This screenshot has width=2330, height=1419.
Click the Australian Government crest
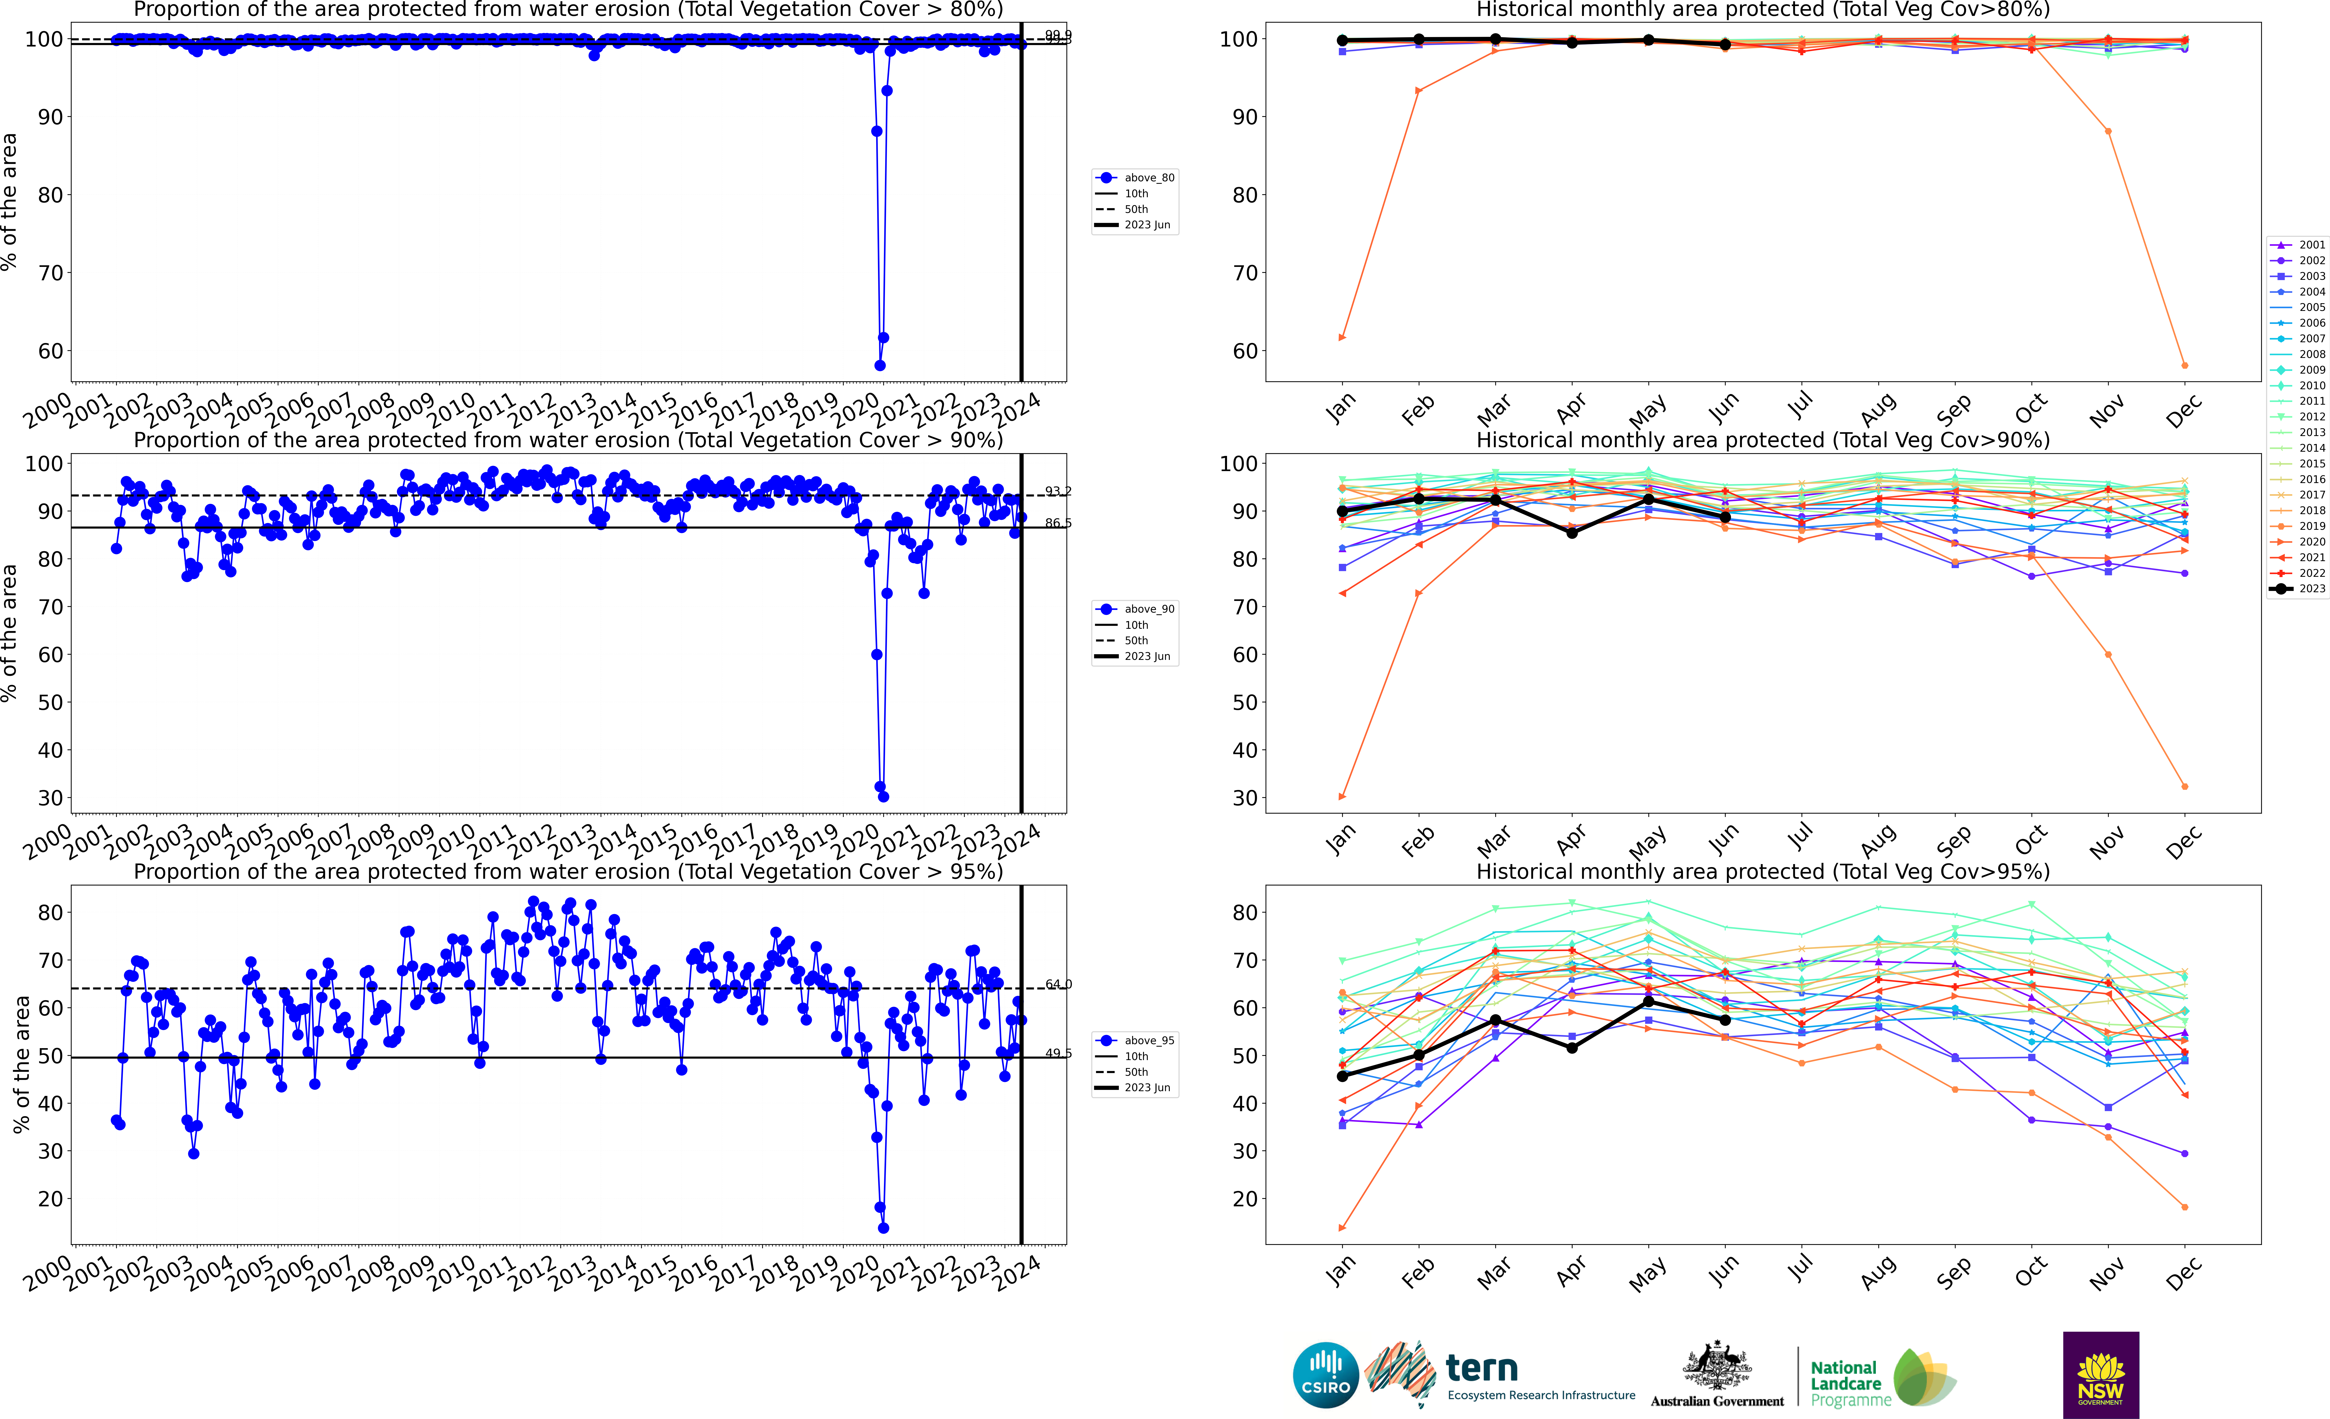tap(1716, 1367)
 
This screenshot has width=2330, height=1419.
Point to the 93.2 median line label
tap(1058, 491)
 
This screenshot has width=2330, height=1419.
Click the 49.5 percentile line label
tap(1058, 1053)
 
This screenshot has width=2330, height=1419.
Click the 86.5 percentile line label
tap(1058, 523)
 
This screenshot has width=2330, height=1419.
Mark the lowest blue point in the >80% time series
tap(879, 365)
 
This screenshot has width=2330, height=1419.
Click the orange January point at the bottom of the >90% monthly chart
tap(1342, 796)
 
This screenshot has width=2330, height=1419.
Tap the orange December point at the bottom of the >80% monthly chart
tap(2184, 365)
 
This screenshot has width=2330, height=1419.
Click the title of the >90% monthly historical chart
tap(1763, 440)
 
